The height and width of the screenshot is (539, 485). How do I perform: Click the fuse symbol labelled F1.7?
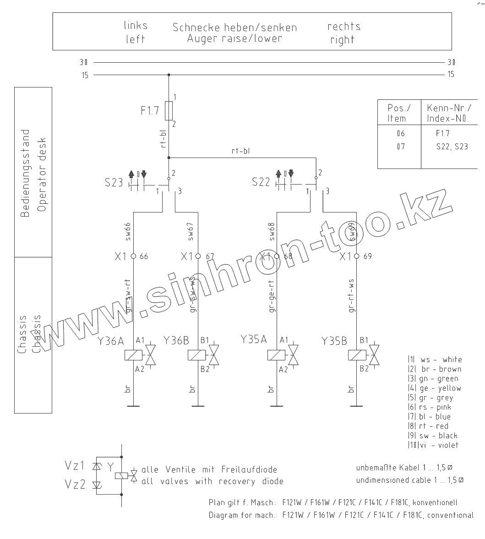[x=169, y=110]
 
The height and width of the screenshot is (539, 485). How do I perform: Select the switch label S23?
[x=114, y=182]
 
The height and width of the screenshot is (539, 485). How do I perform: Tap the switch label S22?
[x=261, y=182]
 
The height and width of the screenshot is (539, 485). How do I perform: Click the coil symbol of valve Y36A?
[x=133, y=355]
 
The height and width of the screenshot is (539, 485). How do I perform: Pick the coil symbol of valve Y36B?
[x=197, y=355]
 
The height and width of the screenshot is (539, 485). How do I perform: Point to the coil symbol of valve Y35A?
[x=277, y=355]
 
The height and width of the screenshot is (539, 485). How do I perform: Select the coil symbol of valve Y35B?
[x=357, y=355]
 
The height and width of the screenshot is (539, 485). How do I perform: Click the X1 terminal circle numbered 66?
[x=133, y=256]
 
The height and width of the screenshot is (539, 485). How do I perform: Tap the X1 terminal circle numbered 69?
[x=357, y=256]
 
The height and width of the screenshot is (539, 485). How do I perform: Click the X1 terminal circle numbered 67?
[x=198, y=256]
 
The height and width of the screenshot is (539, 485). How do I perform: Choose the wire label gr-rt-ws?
[x=351, y=296]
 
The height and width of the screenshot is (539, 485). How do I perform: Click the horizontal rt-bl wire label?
[x=241, y=151]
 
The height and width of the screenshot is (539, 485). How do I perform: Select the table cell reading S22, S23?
[x=452, y=147]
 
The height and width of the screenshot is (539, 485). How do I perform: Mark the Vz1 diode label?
[x=75, y=466]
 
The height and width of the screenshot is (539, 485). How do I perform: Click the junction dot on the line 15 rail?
[x=169, y=75]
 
